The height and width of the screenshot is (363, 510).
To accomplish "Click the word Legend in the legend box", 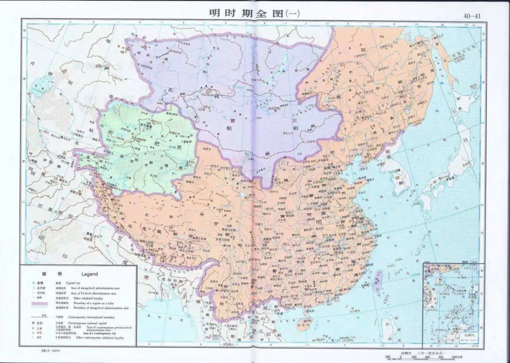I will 89,274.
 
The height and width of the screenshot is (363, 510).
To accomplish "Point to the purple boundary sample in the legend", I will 42,305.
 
